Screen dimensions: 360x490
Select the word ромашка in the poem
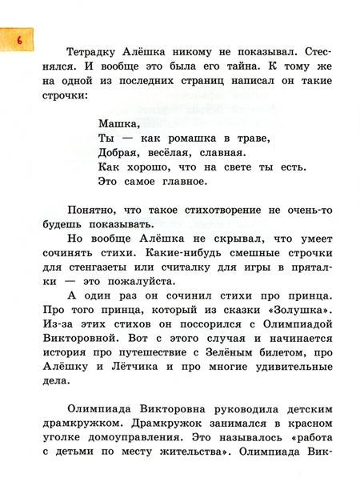point(190,139)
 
